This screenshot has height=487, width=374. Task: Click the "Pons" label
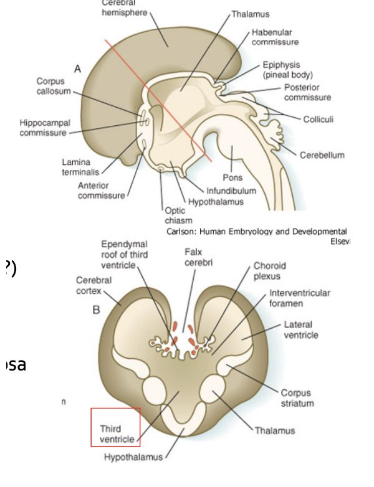(x=233, y=177)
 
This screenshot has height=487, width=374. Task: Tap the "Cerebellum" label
(x=322, y=155)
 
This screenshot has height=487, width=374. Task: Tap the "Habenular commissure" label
(x=274, y=37)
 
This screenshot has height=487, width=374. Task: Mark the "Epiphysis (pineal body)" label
(x=287, y=69)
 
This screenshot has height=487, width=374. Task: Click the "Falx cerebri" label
(x=199, y=257)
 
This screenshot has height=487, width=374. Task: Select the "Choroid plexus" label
(x=267, y=270)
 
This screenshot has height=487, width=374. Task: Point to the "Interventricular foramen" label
(x=300, y=298)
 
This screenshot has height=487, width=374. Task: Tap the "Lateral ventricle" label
(x=301, y=329)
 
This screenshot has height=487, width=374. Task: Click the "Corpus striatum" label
(x=297, y=398)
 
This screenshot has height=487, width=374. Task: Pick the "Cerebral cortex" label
(x=94, y=285)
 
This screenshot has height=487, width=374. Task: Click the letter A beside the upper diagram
(x=78, y=69)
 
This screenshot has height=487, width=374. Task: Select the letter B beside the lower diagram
(x=97, y=310)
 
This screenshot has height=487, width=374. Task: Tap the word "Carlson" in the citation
(x=181, y=231)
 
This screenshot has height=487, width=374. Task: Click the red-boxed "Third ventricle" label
(x=117, y=434)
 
